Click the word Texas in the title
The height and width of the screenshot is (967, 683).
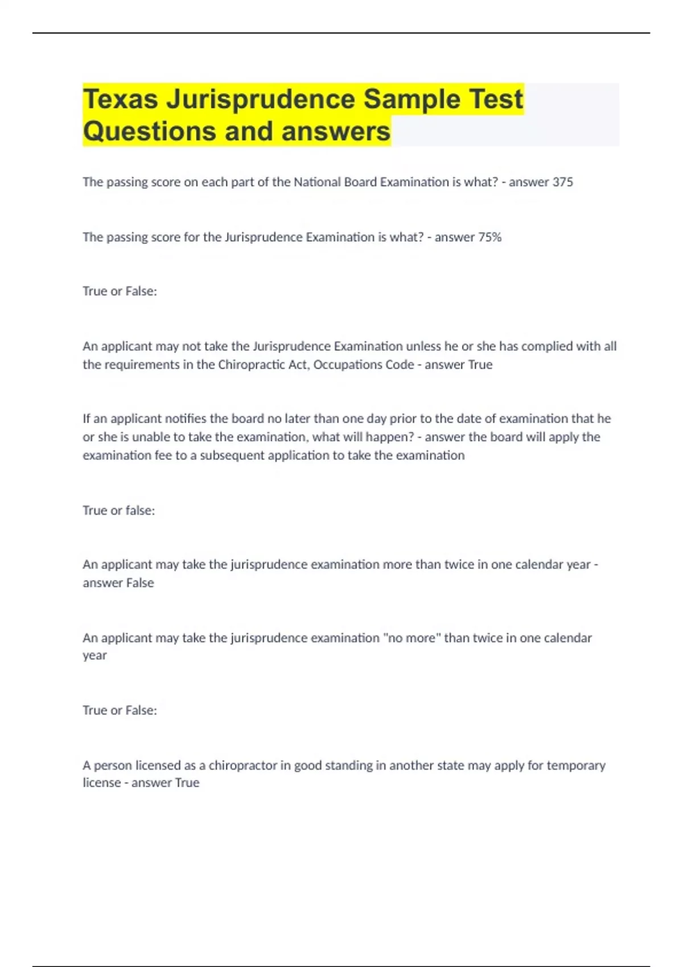pos(121,99)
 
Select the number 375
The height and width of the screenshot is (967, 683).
pos(562,182)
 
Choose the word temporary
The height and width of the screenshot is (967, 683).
pos(576,765)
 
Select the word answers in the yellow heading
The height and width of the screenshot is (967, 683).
pos(336,131)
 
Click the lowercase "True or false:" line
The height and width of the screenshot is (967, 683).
pos(118,510)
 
